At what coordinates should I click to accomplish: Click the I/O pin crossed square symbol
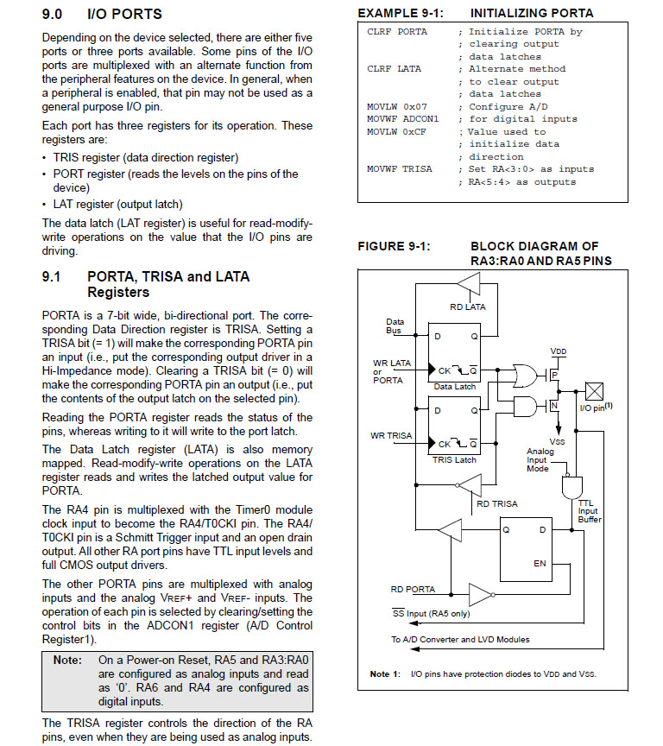click(x=594, y=390)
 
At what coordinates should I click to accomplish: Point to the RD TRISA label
click(x=498, y=503)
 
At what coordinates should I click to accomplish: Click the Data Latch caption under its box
click(x=454, y=387)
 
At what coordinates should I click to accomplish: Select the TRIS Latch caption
click(x=454, y=459)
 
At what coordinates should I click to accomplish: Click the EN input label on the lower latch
click(x=540, y=564)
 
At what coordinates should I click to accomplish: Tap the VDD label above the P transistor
click(x=559, y=352)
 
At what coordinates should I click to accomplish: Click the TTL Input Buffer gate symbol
click(x=571, y=488)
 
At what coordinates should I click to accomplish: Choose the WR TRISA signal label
click(x=392, y=435)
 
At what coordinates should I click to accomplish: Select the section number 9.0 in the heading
click(x=54, y=15)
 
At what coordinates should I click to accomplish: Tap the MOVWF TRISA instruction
click(x=400, y=169)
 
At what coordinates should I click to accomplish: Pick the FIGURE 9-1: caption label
click(x=394, y=246)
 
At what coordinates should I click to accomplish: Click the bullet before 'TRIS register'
click(x=45, y=158)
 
